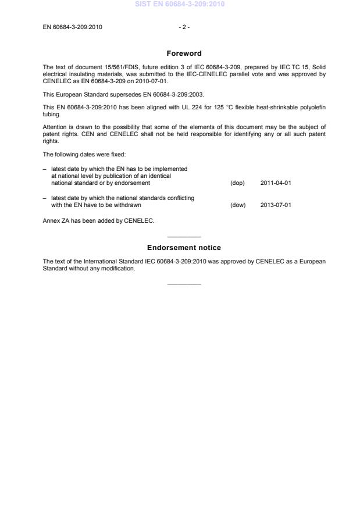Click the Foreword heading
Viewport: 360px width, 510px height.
point(184,54)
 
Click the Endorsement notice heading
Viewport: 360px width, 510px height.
point(184,248)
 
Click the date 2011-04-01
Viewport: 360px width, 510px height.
point(276,183)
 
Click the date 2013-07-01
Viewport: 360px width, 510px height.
point(276,205)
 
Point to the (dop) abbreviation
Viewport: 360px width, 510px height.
point(237,183)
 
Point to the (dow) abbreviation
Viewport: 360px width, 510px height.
point(238,205)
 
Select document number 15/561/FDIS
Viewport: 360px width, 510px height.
point(109,67)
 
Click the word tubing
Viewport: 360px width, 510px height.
point(52,114)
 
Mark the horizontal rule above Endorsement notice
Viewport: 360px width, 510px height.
point(184,237)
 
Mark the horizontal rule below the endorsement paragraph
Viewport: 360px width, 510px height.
point(184,283)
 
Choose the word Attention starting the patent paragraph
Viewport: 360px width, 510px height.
point(55,127)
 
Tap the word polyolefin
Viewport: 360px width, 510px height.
point(312,107)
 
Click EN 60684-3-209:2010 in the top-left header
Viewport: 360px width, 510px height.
point(73,27)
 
